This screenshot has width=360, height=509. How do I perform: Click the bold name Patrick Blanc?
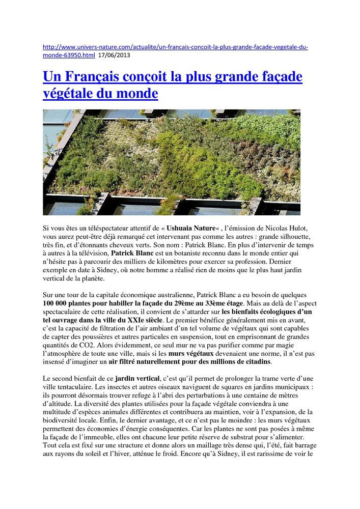(x=132, y=252)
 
